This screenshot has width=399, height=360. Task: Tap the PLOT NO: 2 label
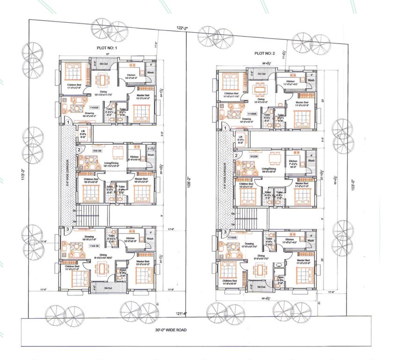(266, 53)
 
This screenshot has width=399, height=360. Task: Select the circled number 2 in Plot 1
(80, 150)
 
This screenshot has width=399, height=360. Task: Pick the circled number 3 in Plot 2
(225, 232)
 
